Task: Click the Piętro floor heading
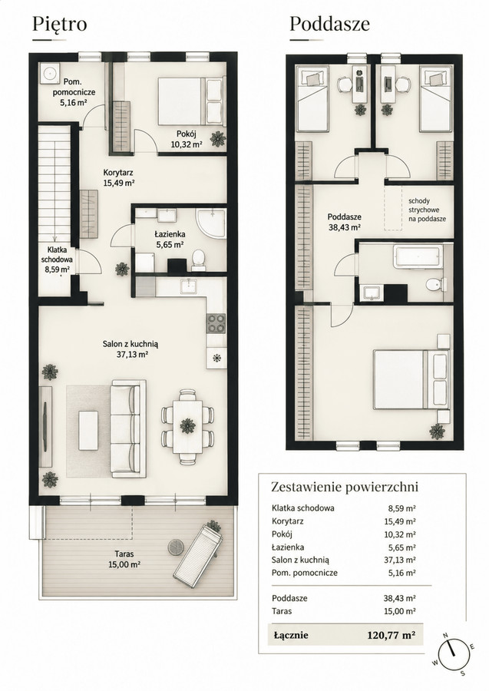(x=59, y=24)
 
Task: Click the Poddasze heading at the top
(x=329, y=24)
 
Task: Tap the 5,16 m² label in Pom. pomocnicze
(x=73, y=104)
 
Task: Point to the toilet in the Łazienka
(x=199, y=260)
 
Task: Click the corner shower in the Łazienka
(x=210, y=224)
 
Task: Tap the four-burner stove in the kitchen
(x=216, y=323)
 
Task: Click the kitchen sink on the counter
(x=190, y=286)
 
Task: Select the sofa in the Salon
(x=128, y=428)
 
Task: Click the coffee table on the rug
(x=88, y=430)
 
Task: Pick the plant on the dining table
(x=187, y=425)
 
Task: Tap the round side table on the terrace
(x=176, y=547)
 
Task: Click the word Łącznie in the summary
(x=291, y=635)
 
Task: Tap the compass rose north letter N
(x=445, y=635)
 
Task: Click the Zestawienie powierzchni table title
(x=344, y=487)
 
